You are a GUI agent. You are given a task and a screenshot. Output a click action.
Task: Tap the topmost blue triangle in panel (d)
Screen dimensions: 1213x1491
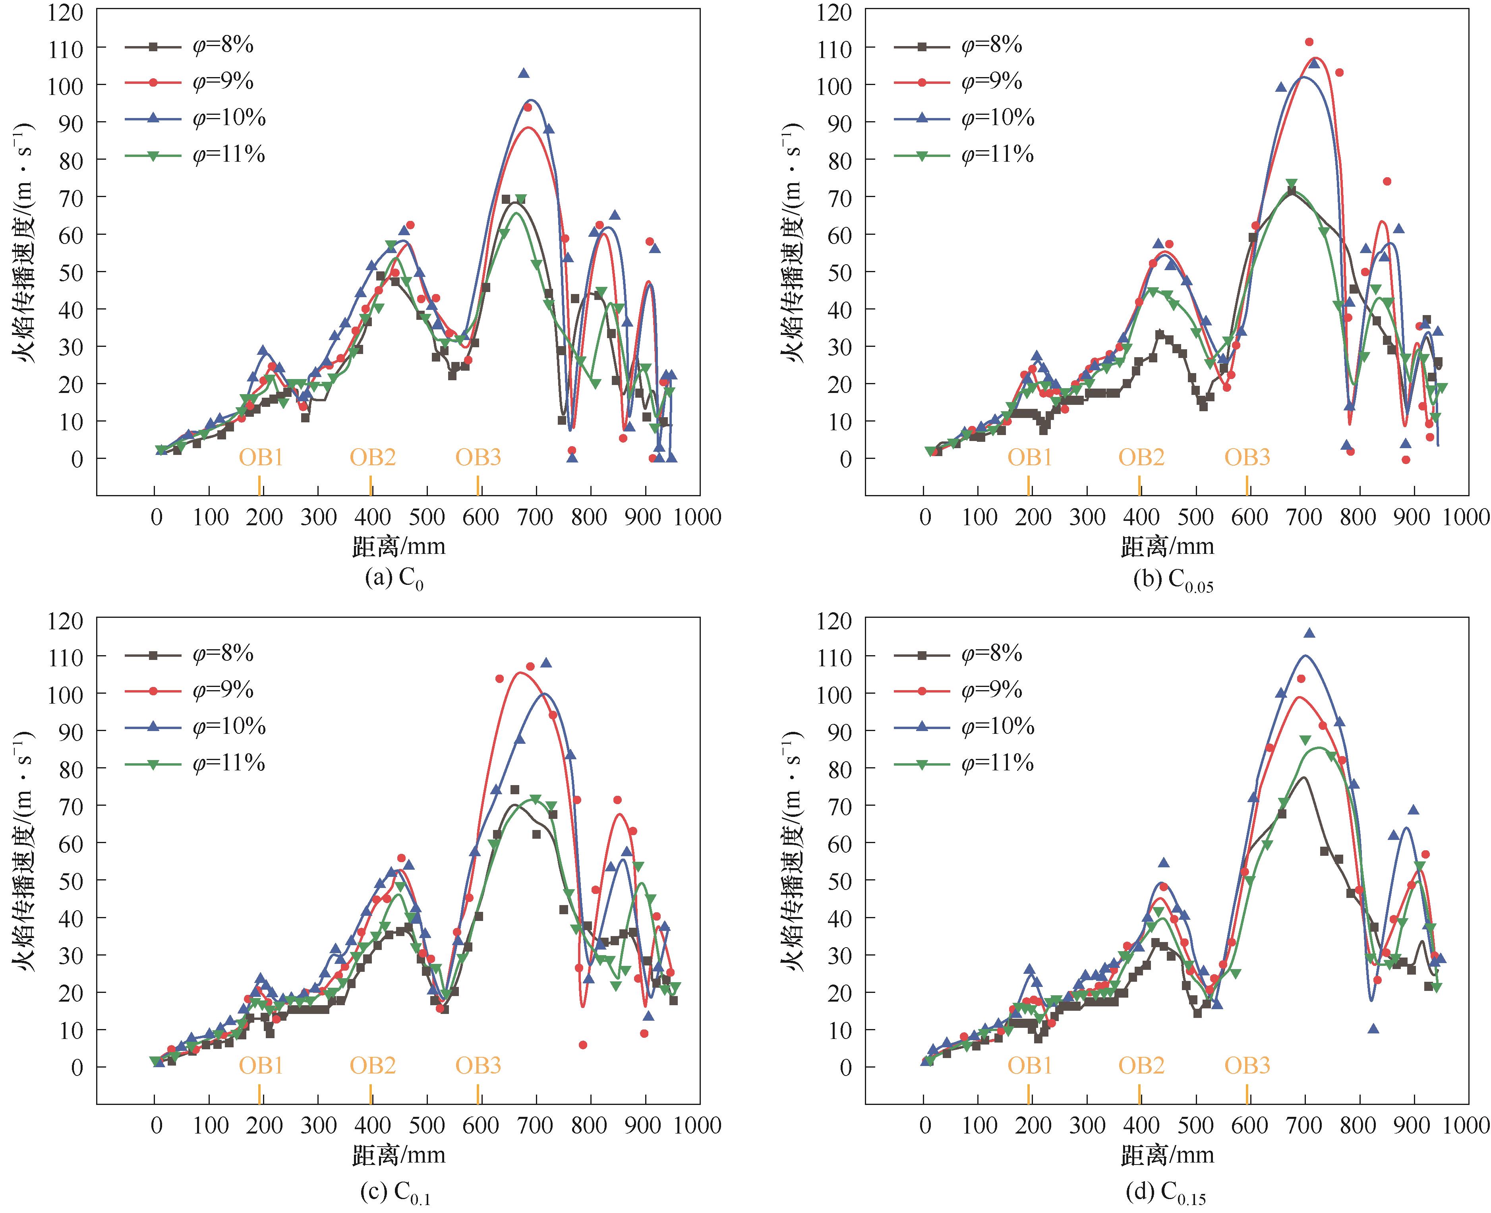pos(1309,633)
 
